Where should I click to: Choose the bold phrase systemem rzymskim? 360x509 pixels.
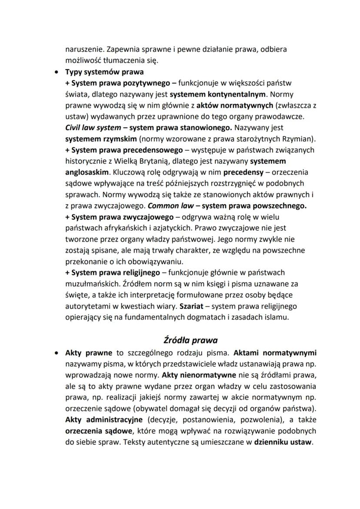[x=92, y=139]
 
